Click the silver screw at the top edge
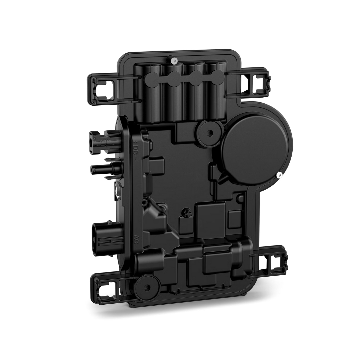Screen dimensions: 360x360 click(173, 61)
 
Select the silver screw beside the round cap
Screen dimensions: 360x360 click(280, 174)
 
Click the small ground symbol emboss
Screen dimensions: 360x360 click(185, 211)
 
